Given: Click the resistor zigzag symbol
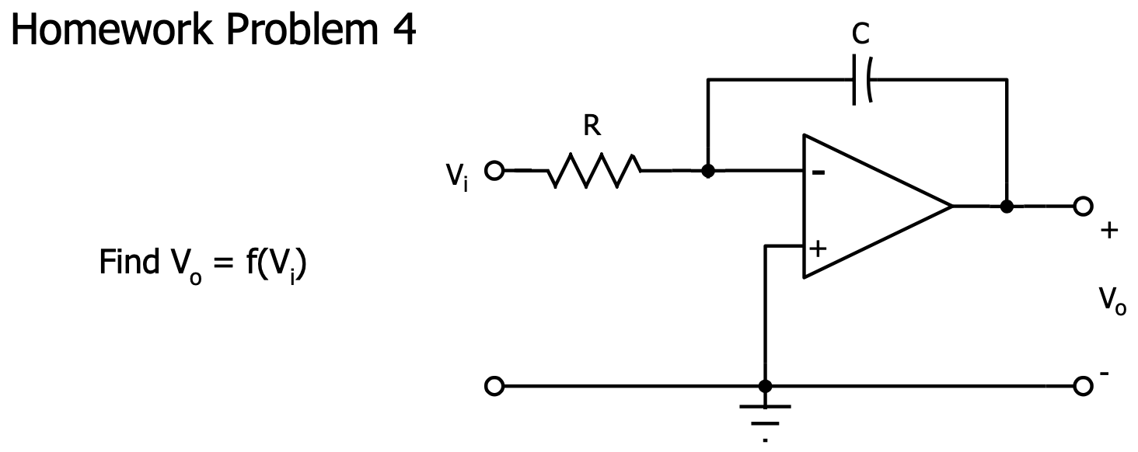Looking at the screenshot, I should pyautogui.click(x=594, y=171).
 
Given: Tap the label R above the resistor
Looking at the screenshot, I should pyautogui.click(x=593, y=127).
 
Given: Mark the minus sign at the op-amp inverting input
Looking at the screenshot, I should pyautogui.click(x=818, y=172).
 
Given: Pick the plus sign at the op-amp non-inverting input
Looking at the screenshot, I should pyautogui.click(x=818, y=249).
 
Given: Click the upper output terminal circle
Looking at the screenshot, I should pyautogui.click(x=1082, y=207).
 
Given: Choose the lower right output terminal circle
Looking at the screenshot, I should pyautogui.click(x=1082, y=385).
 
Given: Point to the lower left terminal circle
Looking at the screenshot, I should pyautogui.click(x=493, y=385).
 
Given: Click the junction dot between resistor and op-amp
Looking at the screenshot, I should pyautogui.click(x=707, y=171).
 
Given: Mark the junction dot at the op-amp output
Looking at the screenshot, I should pyautogui.click(x=1007, y=207).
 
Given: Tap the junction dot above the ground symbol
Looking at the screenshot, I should pyautogui.click(x=765, y=385).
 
